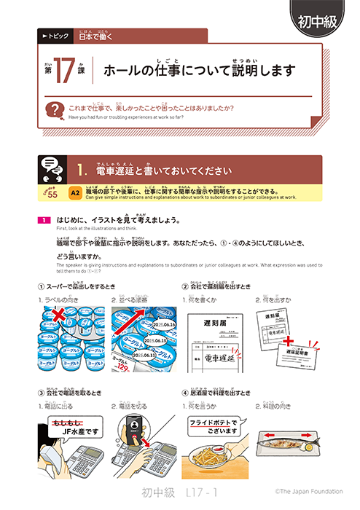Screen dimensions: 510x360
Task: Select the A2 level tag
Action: point(75,192)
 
